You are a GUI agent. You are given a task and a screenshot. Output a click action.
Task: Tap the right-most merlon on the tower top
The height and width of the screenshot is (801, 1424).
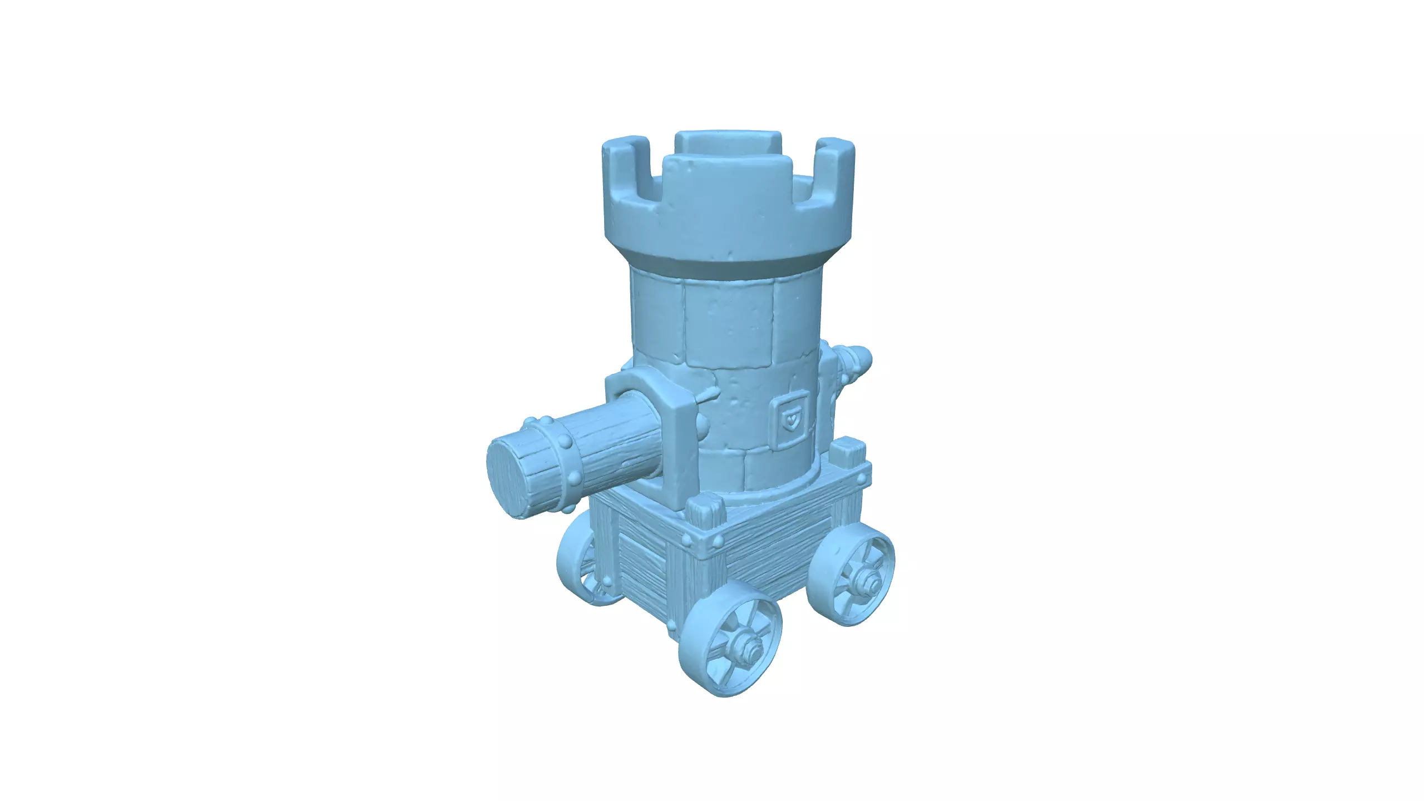(x=834, y=170)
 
